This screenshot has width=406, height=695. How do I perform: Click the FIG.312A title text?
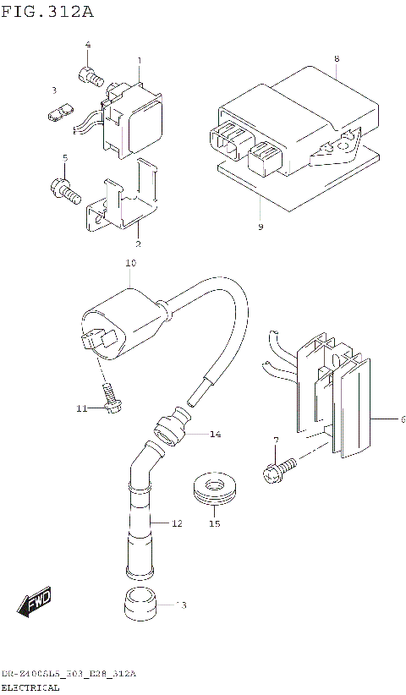coord(47,12)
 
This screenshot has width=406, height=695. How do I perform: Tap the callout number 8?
coord(336,58)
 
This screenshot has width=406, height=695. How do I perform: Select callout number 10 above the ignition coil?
coord(130,264)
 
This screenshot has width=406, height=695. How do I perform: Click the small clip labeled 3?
coord(58,112)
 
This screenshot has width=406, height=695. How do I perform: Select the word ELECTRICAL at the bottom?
coord(30,687)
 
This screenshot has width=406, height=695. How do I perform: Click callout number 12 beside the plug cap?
coord(177,523)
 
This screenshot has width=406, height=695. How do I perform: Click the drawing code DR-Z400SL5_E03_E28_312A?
coord(68,673)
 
